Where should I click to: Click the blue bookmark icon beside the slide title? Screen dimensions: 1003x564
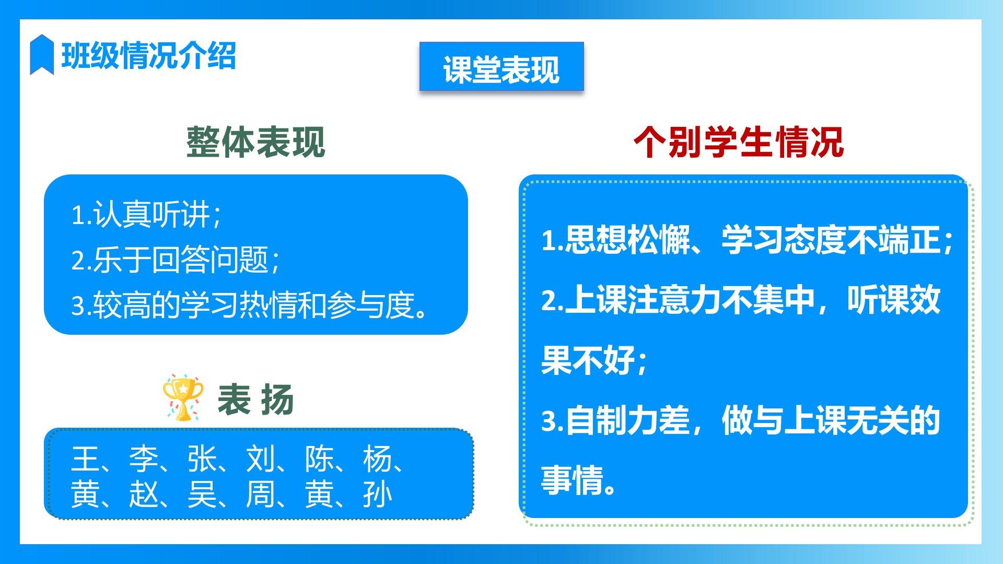[42, 54]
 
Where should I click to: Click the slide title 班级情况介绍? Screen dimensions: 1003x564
[149, 55]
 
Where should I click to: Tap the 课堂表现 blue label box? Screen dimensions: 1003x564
[501, 66]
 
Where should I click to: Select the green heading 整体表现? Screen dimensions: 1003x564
[256, 142]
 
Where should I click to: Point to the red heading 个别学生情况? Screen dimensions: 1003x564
[739, 142]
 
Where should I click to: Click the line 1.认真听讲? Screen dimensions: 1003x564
[146, 215]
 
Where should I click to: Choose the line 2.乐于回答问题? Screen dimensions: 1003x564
[175, 260]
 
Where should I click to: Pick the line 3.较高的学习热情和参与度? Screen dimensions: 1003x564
[250, 305]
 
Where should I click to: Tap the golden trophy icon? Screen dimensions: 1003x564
[183, 398]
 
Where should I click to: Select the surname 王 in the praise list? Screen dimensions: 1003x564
[85, 459]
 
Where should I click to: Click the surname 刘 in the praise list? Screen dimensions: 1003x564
[260, 459]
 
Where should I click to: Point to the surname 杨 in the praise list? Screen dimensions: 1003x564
[377, 459]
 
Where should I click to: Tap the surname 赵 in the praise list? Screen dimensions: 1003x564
[143, 495]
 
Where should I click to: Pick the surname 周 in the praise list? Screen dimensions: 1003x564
[260, 495]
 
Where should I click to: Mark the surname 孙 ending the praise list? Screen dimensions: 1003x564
[377, 495]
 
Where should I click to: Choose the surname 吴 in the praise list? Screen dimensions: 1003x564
[202, 495]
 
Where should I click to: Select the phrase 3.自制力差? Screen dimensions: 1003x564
[615, 421]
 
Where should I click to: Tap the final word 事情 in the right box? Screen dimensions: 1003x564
[572, 480]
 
